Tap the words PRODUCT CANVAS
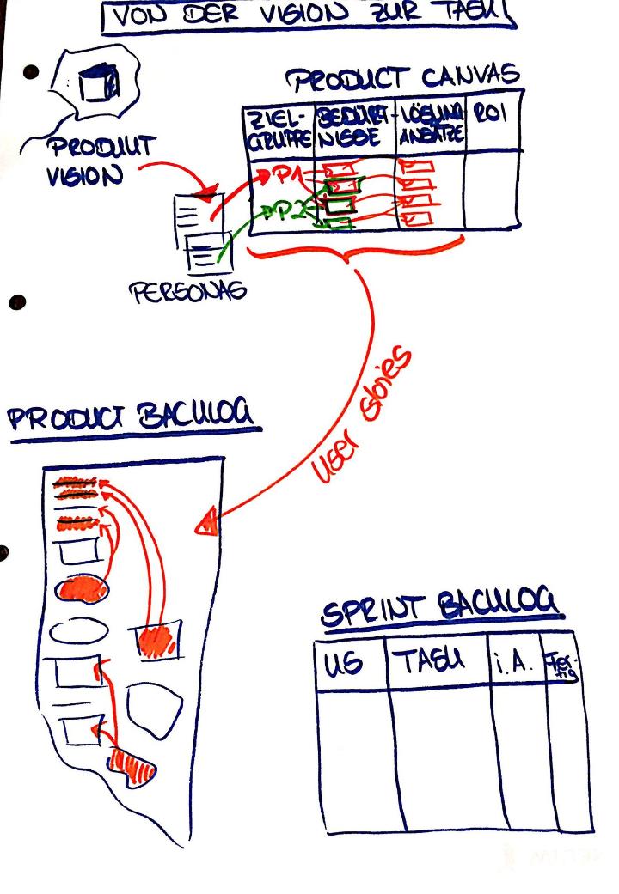click(x=403, y=80)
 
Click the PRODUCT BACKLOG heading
click(x=133, y=418)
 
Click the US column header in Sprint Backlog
click(x=345, y=661)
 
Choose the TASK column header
click(x=434, y=660)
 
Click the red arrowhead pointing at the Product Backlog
click(x=206, y=523)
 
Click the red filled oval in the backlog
click(x=83, y=590)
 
